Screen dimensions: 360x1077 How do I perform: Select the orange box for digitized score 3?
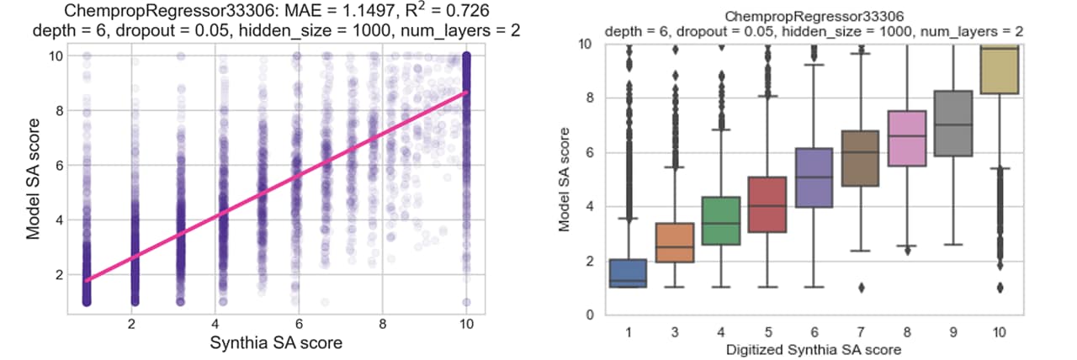674,242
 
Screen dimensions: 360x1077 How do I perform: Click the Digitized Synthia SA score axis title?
812,348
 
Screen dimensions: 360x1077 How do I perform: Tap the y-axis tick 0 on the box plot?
587,315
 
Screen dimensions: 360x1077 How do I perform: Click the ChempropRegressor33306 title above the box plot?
814,16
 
